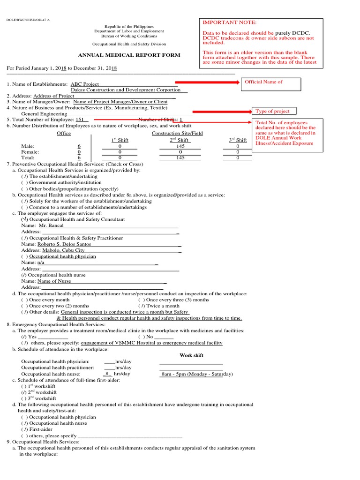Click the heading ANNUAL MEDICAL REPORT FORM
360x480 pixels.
tap(128, 55)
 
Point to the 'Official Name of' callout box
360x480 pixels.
tap(270, 82)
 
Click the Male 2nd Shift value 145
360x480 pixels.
tap(180, 146)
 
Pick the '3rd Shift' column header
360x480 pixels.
tap(238, 140)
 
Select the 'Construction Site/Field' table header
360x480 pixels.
tap(177, 134)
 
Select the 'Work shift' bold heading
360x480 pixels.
tap(191, 355)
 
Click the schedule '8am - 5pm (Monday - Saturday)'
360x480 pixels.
tap(197, 374)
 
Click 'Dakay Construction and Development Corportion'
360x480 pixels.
tap(126, 90)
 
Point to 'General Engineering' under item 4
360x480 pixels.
tap(45, 113)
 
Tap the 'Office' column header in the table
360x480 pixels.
tap(64, 134)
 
